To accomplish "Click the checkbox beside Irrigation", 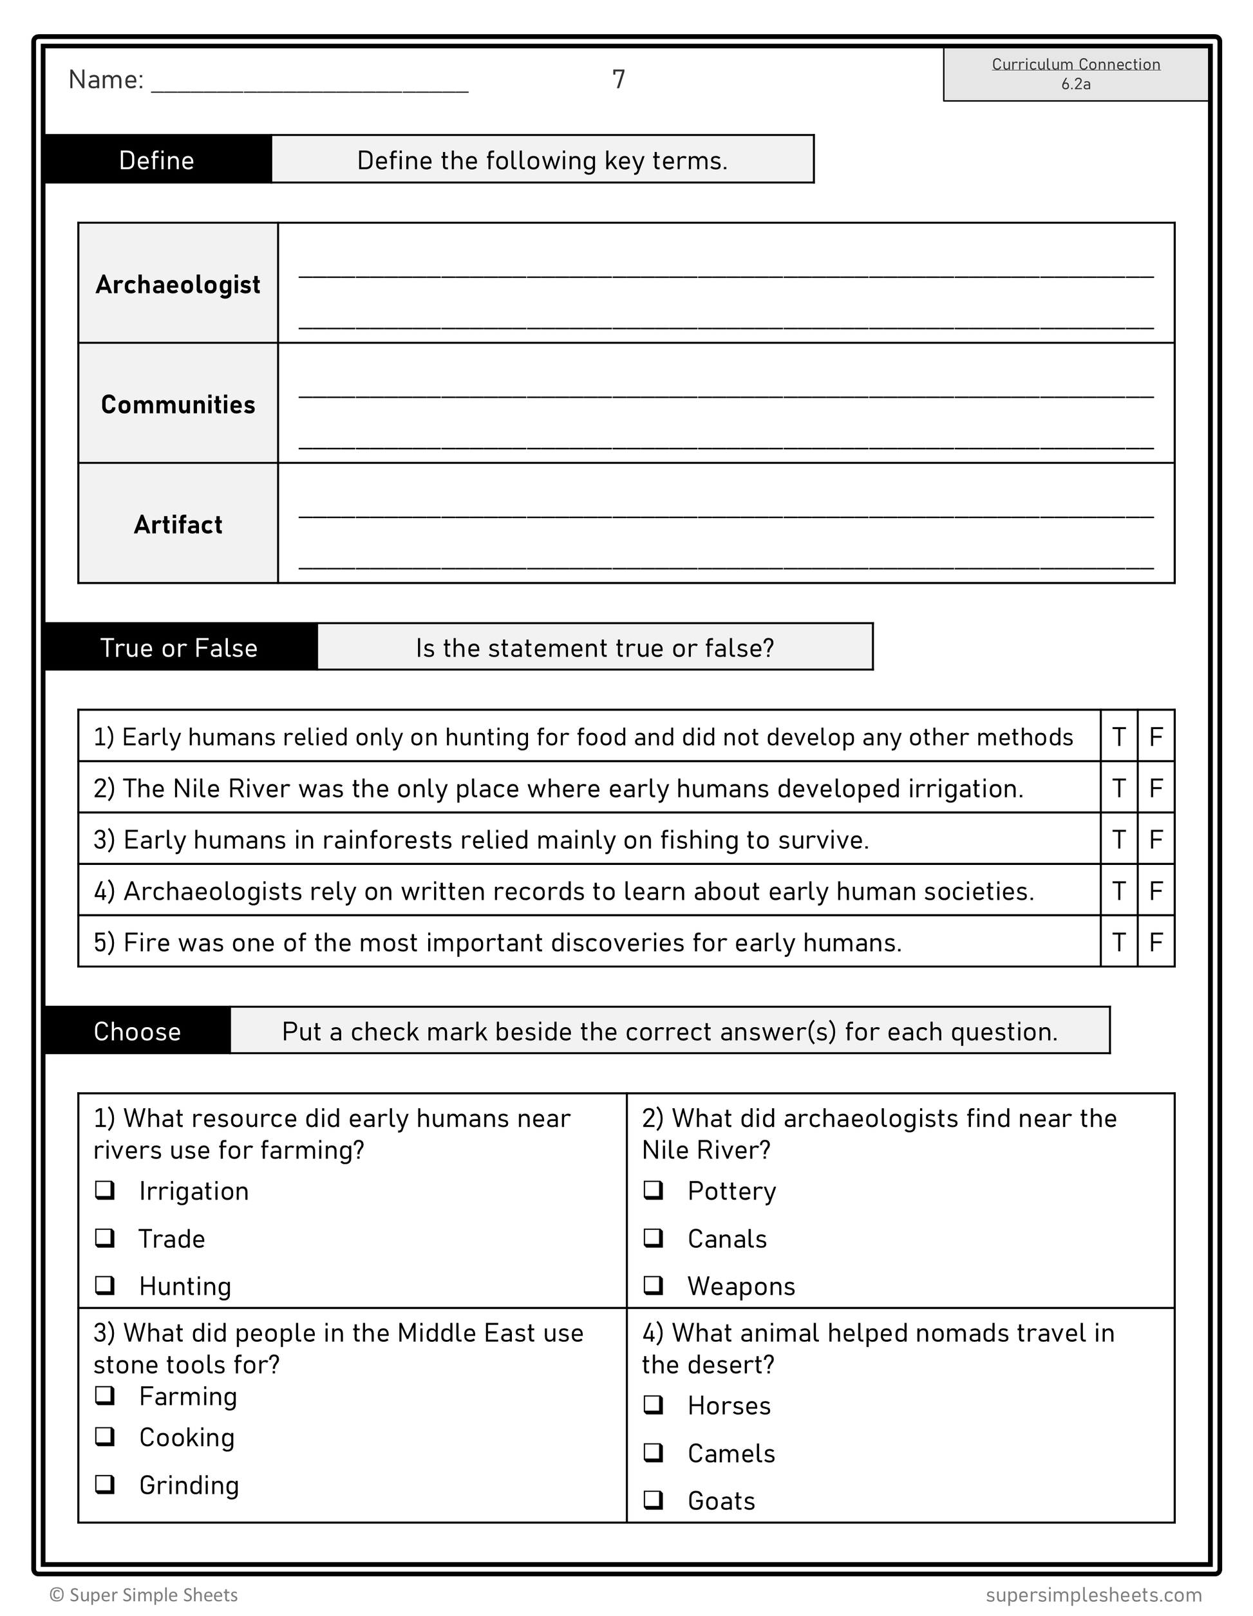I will click(104, 1190).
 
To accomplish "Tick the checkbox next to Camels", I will click(653, 1453).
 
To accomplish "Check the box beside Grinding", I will click(104, 1484).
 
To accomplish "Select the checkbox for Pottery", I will click(653, 1190).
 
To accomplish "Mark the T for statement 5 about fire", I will click(1118, 942).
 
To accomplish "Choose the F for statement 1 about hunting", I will click(1155, 736).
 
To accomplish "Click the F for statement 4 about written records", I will click(1155, 891).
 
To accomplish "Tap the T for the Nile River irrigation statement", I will click(1118, 788).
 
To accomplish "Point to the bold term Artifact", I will click(178, 525).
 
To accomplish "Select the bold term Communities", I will click(178, 405).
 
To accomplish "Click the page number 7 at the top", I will click(619, 79).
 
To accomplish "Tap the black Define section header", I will click(157, 160).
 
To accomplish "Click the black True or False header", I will click(179, 647).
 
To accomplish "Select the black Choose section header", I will click(137, 1032).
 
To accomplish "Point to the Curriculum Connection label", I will click(1075, 64).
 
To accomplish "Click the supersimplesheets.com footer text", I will click(1093, 1595).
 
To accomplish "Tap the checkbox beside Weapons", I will click(653, 1285).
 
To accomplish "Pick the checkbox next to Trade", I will click(104, 1238).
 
